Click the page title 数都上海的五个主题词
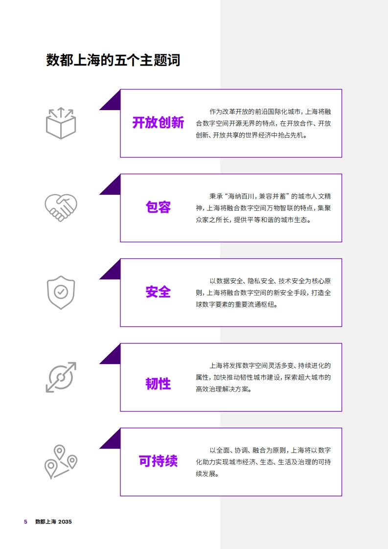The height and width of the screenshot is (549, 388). [x=113, y=60]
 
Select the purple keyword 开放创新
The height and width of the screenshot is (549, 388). [x=158, y=122]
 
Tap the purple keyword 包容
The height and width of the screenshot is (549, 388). [x=158, y=207]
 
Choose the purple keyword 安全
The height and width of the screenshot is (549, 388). [x=158, y=292]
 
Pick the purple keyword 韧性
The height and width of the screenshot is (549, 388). [x=158, y=384]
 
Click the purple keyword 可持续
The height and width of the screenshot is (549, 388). [x=158, y=461]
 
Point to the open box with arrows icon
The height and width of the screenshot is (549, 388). [x=61, y=123]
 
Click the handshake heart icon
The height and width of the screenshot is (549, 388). [x=61, y=207]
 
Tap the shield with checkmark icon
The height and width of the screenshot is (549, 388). [x=61, y=292]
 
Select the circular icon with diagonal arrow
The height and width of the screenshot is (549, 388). [x=61, y=377]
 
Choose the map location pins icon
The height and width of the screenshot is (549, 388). [x=61, y=462]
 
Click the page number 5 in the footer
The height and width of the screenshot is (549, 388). [x=25, y=522]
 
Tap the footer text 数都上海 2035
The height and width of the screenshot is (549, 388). [x=53, y=522]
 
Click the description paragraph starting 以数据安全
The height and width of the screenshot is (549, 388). [x=263, y=293]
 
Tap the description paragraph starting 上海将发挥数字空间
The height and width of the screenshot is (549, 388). [x=263, y=377]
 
